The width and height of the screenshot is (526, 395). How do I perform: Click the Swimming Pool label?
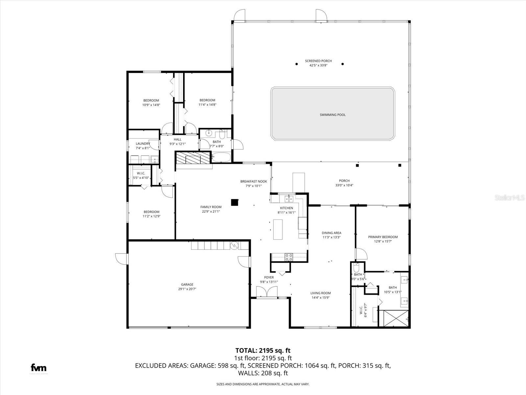point(332,115)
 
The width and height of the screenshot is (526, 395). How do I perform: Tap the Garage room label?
point(187,284)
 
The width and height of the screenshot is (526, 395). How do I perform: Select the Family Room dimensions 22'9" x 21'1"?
point(211,212)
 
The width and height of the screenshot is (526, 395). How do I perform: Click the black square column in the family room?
point(234,202)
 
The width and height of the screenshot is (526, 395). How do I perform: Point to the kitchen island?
point(278,229)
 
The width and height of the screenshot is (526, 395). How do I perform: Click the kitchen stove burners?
point(289,257)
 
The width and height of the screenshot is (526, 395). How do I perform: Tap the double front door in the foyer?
point(267,292)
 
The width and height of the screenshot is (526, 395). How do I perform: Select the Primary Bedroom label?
point(383,237)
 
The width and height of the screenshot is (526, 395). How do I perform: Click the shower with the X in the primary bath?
point(394,318)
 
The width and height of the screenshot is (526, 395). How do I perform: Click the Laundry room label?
point(143,144)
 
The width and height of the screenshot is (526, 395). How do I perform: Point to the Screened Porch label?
point(318,61)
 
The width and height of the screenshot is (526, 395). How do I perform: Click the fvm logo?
point(38,368)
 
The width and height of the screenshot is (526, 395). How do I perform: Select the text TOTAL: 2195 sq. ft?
point(263,351)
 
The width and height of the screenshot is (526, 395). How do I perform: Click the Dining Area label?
point(331,233)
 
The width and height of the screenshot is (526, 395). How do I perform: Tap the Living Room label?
point(321,293)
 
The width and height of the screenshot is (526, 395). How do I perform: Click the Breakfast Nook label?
point(253,181)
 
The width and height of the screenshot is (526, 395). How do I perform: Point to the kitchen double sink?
point(289,198)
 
